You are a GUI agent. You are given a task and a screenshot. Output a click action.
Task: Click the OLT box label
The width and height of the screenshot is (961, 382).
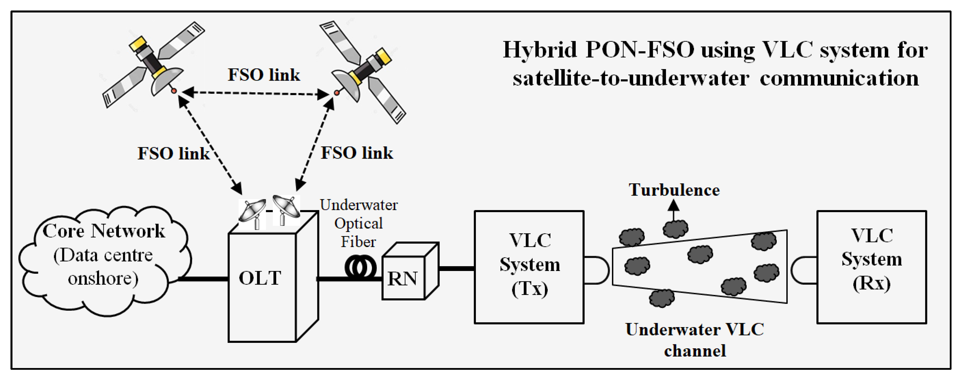(x=260, y=278)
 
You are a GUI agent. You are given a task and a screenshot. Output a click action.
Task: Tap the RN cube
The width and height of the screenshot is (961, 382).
(x=410, y=271)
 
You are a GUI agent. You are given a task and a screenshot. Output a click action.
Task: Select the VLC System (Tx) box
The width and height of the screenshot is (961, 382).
(x=529, y=267)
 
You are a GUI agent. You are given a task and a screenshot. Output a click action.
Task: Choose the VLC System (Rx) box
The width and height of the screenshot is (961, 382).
(x=872, y=267)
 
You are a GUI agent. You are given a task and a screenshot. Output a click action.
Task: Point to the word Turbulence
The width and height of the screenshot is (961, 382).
(x=674, y=190)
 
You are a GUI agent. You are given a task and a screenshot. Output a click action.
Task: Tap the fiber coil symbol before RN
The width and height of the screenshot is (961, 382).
(x=360, y=267)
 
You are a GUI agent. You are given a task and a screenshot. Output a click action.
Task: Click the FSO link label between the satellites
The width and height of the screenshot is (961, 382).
(x=264, y=75)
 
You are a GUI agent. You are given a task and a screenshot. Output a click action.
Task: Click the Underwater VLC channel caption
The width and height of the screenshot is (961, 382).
(x=695, y=340)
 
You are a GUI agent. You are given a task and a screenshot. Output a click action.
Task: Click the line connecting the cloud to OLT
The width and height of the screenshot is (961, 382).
(x=204, y=278)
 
